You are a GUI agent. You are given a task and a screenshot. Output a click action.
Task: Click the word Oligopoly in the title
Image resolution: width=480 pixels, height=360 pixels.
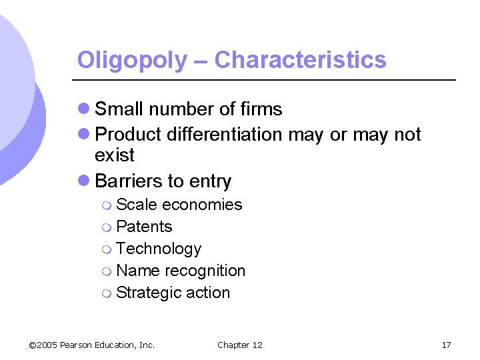coord(132,61)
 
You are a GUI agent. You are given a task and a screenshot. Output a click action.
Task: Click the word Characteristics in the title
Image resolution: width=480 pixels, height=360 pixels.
coord(300,60)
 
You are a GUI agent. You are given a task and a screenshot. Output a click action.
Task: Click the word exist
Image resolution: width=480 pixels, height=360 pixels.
coord(115,155)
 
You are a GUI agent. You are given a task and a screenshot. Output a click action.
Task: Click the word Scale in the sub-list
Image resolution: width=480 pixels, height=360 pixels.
coord(137,205)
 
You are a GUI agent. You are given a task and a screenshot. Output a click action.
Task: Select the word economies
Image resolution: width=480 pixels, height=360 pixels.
coord(202,205)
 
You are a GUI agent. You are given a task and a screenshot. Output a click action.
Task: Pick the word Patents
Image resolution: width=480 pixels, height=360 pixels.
coord(144,227)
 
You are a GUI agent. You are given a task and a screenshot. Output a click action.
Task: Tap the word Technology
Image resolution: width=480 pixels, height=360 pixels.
coord(159,249)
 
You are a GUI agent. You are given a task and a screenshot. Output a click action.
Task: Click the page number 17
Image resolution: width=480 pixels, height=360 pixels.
coord(446,345)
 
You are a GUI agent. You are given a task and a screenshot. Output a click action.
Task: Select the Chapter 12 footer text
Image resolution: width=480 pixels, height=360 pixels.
coord(240,345)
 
